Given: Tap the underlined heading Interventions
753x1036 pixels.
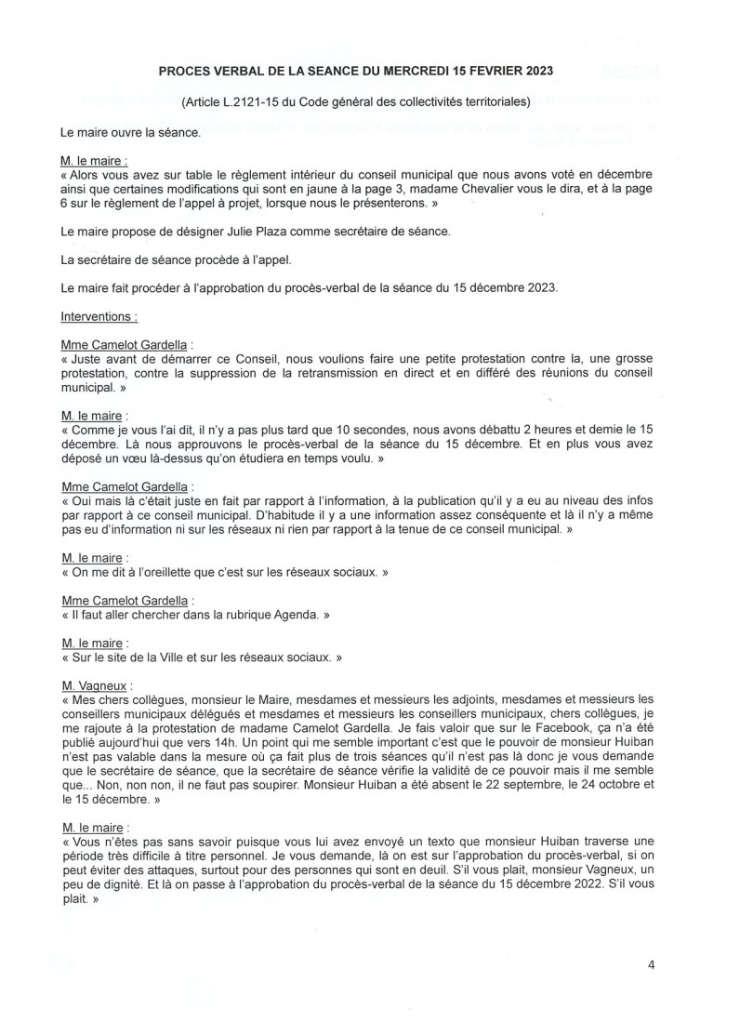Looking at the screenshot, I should point(99,316).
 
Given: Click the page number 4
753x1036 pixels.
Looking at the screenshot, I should point(652,964).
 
